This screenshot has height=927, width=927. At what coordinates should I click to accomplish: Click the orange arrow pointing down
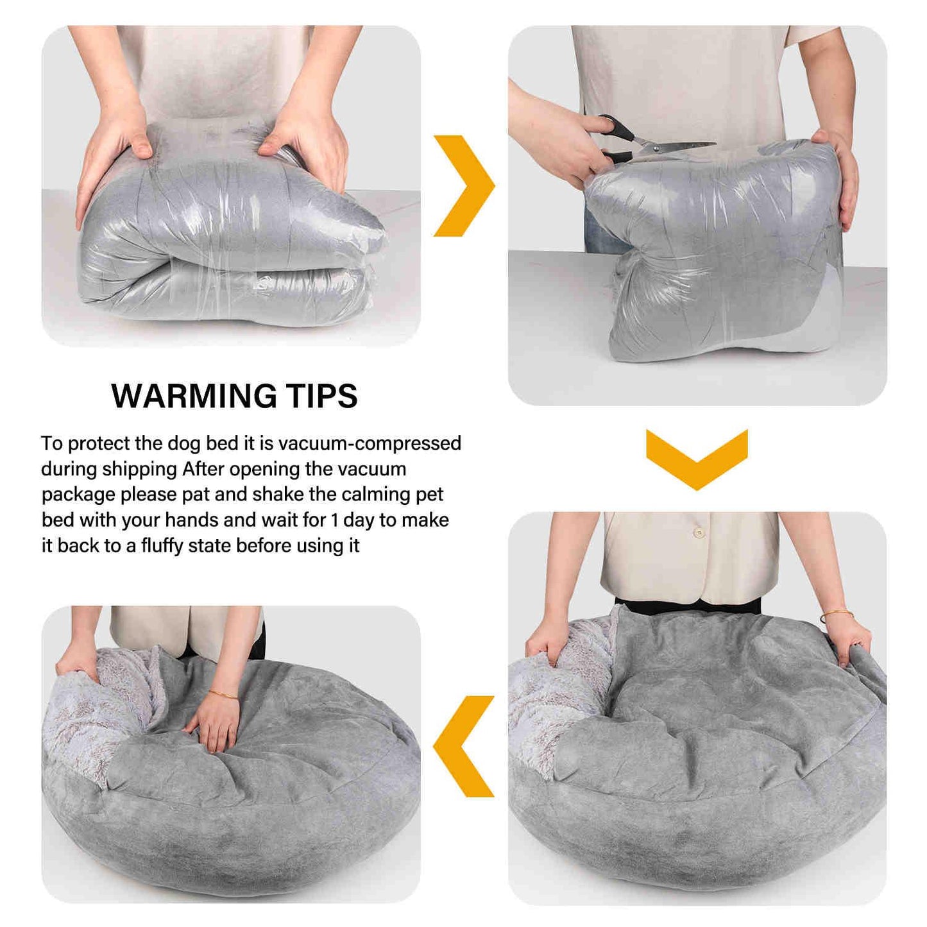[x=697, y=459]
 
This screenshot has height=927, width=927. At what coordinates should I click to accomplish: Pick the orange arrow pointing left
[x=463, y=745]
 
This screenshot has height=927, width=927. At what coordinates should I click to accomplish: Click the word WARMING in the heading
[x=194, y=396]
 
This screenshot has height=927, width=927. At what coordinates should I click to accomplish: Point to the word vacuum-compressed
[x=370, y=444]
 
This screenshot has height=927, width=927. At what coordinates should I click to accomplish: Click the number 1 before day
[x=334, y=520]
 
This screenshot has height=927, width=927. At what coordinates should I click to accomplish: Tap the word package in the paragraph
[x=78, y=495]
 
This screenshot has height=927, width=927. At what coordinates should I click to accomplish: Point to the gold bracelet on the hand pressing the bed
[x=223, y=694]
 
